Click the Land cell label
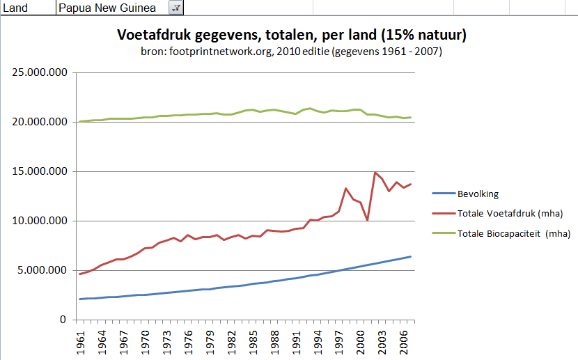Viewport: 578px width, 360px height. point(15,8)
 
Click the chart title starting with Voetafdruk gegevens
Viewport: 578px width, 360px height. point(291,35)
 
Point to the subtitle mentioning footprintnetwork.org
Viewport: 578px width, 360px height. point(291,52)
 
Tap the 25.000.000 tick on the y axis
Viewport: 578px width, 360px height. point(38,72)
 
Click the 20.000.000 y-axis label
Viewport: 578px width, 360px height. point(38,122)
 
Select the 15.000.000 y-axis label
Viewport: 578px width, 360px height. point(38,171)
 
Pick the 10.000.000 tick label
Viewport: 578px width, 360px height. point(38,221)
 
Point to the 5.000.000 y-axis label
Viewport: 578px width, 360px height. point(40,270)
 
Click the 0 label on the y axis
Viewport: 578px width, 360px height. point(63,320)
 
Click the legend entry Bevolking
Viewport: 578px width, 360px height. point(478,194)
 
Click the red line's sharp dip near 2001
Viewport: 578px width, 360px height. point(368,220)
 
